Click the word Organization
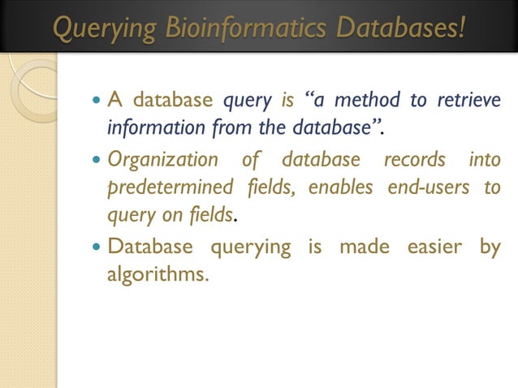pyautogui.click(x=163, y=160)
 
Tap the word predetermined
pyautogui.click(x=172, y=188)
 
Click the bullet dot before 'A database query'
pyautogui.click(x=98, y=102)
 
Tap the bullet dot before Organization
pyautogui.click(x=98, y=161)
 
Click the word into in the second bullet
pyautogui.click(x=486, y=160)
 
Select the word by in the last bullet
pyautogui.click(x=489, y=247)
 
